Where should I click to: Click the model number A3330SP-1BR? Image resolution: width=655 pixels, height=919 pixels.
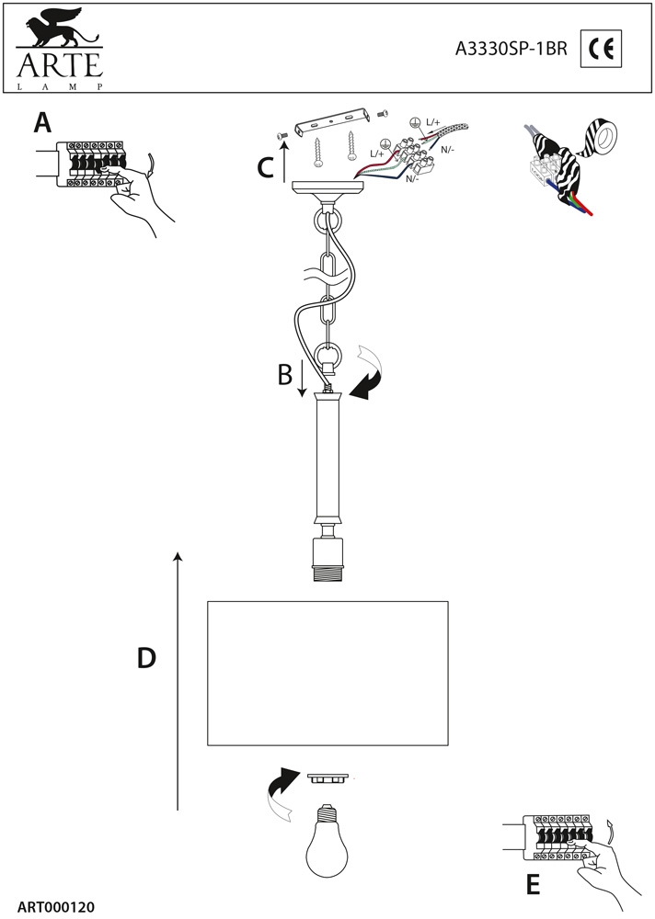[512, 51]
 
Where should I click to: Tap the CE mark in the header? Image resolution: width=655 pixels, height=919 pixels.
[603, 51]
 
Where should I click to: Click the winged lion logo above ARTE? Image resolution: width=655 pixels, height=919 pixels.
[54, 28]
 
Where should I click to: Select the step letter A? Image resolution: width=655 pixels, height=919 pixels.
[40, 122]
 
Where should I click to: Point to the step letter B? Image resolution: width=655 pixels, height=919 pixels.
[285, 375]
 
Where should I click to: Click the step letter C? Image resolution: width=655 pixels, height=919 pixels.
[265, 167]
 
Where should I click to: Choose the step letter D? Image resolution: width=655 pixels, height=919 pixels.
[146, 658]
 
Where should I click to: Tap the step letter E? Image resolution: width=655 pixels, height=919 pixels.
[532, 884]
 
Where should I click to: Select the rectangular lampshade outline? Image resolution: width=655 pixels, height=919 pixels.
[327, 673]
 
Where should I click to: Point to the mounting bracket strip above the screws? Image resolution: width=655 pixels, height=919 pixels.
[330, 123]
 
